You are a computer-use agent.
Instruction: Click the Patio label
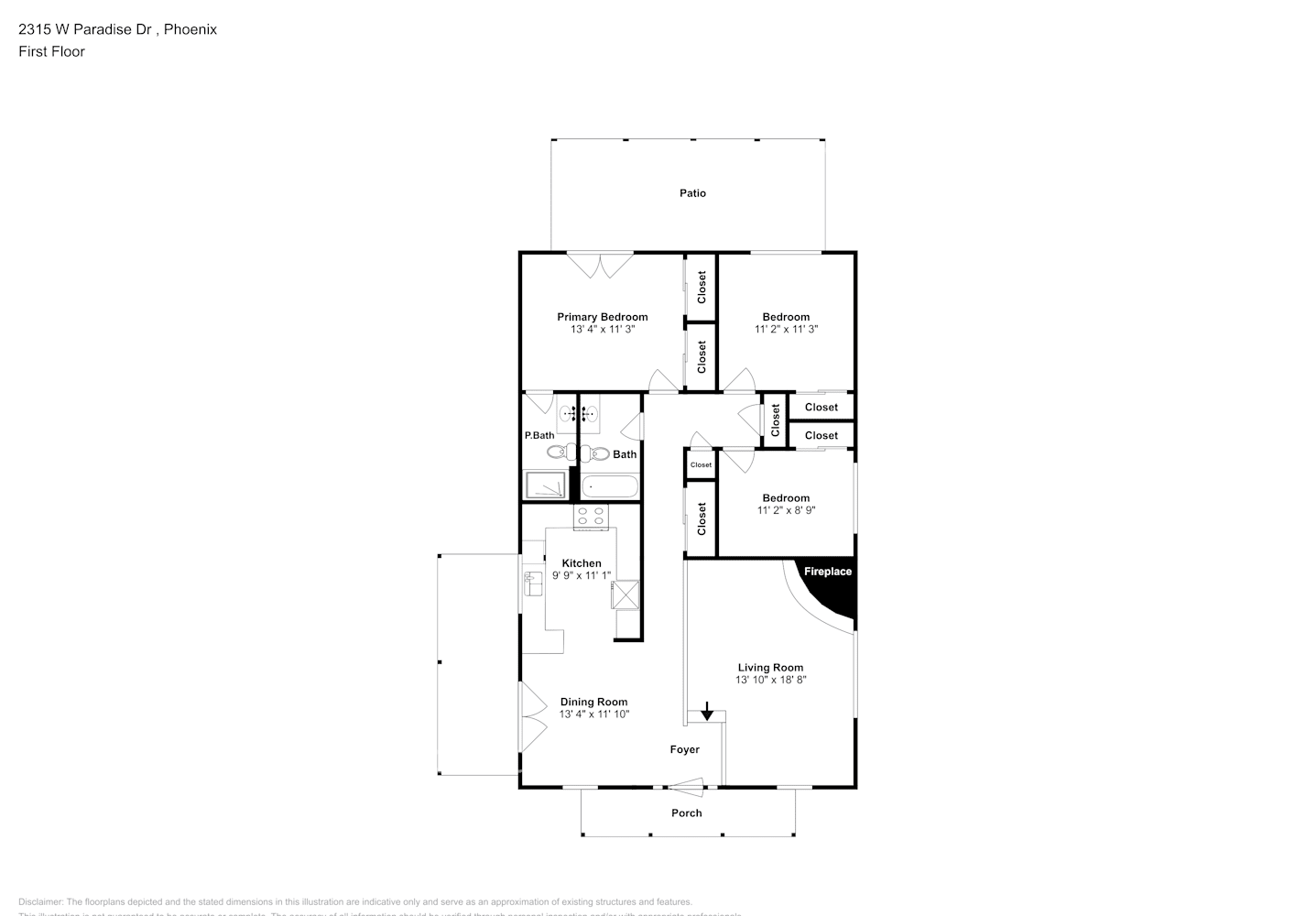(692, 193)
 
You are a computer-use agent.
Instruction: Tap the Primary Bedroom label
(602, 317)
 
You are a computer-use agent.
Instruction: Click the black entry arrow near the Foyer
(707, 710)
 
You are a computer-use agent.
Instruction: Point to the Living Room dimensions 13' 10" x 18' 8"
(770, 680)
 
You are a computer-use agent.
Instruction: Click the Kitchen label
(582, 563)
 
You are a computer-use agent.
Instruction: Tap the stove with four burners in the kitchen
(591, 517)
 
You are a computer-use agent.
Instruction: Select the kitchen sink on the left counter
(533, 583)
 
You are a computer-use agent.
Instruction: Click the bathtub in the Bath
(609, 486)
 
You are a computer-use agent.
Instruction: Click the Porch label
(686, 812)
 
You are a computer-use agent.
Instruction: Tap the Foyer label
(684, 749)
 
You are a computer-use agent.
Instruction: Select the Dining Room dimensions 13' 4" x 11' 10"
(594, 714)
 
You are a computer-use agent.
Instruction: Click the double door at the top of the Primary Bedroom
(600, 265)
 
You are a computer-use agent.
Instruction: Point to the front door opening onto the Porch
(685, 784)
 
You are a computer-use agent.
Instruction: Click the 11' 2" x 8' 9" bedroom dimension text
(786, 510)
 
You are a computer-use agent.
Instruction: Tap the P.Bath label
(539, 435)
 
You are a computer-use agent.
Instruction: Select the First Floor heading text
(51, 51)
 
